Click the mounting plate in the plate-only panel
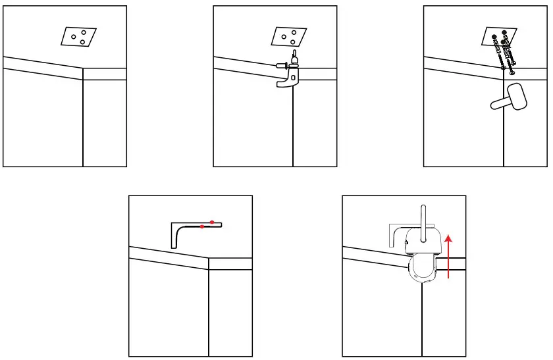78,37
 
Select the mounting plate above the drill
290,37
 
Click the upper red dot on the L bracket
211,221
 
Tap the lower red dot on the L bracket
202,226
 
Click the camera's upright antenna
423,217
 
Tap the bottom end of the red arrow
449,277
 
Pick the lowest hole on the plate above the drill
294,42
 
